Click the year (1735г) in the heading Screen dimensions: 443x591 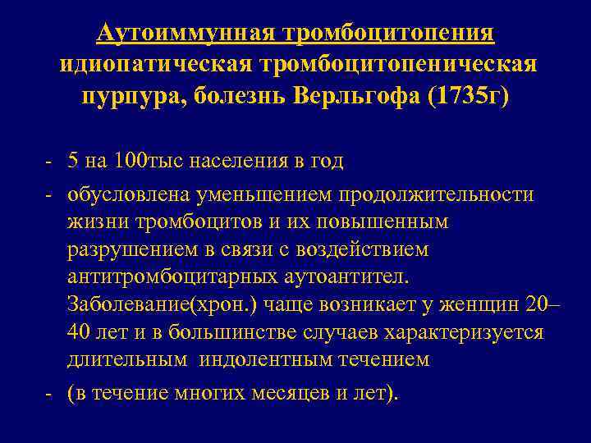coord(466,97)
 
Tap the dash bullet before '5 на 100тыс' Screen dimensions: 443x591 coord(51,161)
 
